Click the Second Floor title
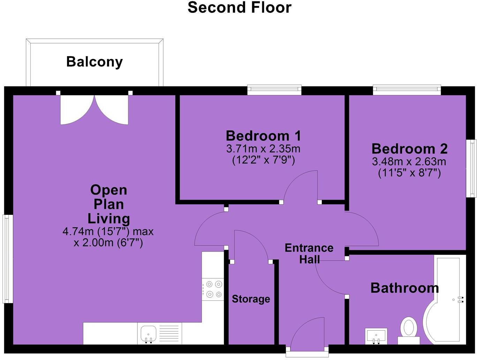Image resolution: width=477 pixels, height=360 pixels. click(239, 8)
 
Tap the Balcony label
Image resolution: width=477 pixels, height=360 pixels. click(94, 62)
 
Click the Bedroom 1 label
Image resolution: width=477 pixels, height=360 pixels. click(263, 135)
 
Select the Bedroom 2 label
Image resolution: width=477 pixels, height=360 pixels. click(409, 149)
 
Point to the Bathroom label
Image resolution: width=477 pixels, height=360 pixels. click(404, 288)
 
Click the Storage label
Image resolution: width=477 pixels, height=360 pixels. click(251, 299)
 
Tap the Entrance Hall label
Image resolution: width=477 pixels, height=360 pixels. click(309, 253)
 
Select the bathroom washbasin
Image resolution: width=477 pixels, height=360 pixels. click(376, 336)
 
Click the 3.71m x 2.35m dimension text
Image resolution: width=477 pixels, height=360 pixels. click(263, 149)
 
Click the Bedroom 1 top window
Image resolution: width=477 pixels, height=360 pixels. click(274, 90)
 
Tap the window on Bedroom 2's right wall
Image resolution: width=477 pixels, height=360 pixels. click(472, 168)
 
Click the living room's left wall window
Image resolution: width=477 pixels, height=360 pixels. click(8, 258)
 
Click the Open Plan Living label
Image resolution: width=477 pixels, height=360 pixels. click(108, 204)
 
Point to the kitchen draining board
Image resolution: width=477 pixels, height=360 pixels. click(169, 333)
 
